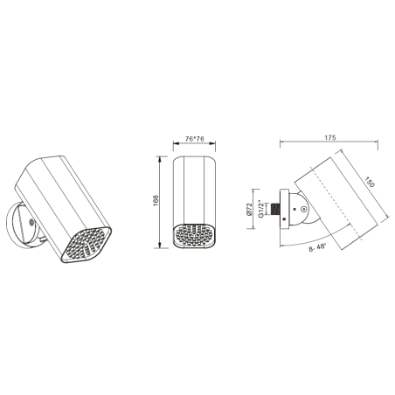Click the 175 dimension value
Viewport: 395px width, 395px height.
pyautogui.click(x=330, y=137)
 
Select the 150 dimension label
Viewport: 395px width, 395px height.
pyautogui.click(x=370, y=183)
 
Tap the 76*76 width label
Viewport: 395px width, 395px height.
pyautogui.click(x=195, y=139)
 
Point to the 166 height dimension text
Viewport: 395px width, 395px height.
pyautogui.click(x=156, y=201)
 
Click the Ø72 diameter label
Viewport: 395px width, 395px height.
pyautogui.click(x=249, y=209)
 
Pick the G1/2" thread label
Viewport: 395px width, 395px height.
pyautogui.click(x=261, y=209)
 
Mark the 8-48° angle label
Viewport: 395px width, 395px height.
pyautogui.click(x=317, y=248)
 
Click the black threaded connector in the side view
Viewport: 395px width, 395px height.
pyautogui.click(x=274, y=209)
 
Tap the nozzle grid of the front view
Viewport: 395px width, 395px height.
pyautogui.click(x=195, y=235)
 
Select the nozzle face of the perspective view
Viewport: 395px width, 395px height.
pyautogui.click(x=87, y=244)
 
